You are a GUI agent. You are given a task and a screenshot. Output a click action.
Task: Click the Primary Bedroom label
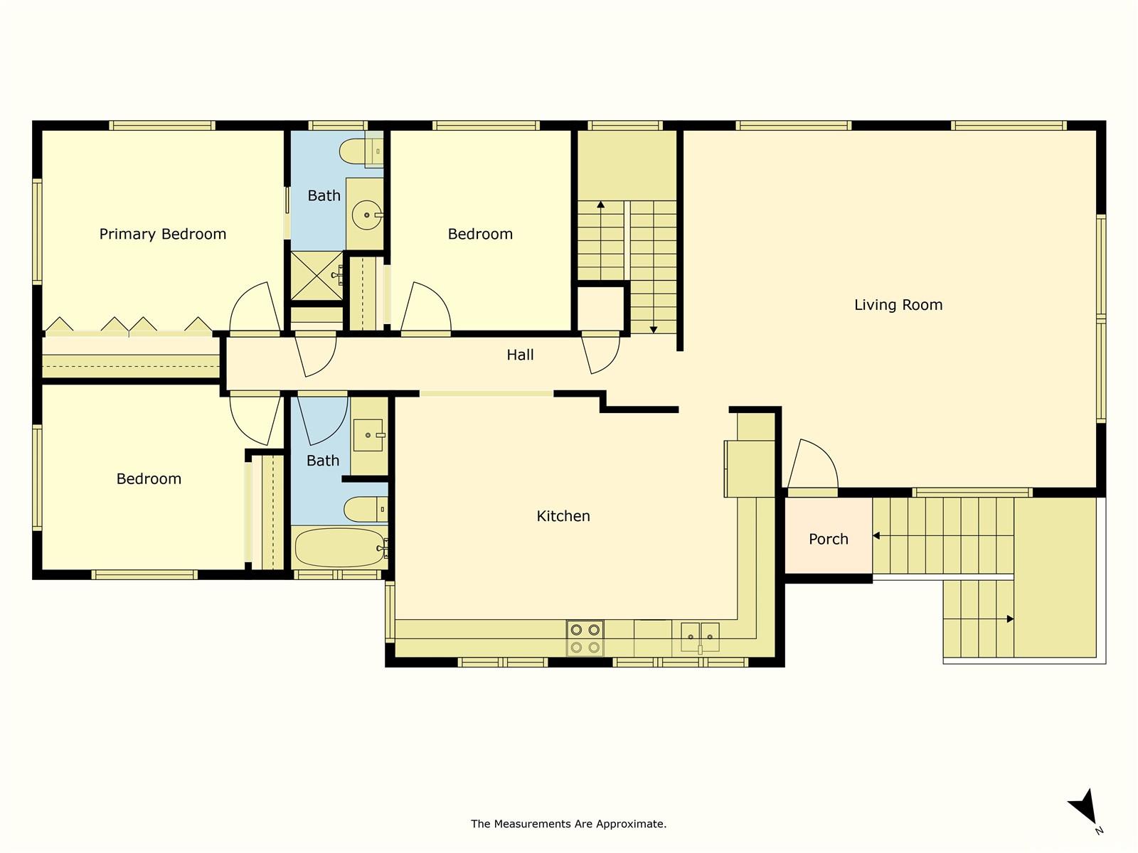(x=162, y=234)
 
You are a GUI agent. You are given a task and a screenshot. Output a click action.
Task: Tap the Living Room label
(x=898, y=305)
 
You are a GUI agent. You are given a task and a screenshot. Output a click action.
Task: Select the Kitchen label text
(x=563, y=516)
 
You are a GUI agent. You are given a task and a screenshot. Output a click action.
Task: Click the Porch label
(x=828, y=539)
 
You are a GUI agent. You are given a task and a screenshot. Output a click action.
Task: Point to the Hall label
(x=520, y=355)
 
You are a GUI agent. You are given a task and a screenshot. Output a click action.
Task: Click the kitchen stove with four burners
(x=585, y=638)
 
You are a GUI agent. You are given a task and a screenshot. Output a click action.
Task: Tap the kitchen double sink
(x=700, y=636)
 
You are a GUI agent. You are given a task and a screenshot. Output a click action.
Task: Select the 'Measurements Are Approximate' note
(x=568, y=824)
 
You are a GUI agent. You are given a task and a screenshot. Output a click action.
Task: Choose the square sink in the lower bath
(x=368, y=435)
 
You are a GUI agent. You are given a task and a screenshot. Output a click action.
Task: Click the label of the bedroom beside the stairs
(x=480, y=234)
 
